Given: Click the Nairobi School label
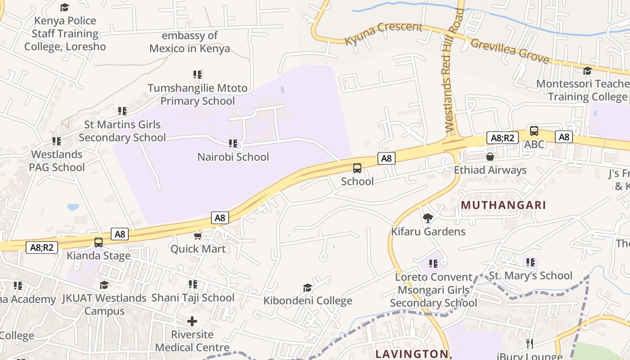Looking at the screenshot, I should point(233,157).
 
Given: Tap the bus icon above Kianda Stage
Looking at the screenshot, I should point(99,242).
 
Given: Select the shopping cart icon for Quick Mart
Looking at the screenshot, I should point(198,236).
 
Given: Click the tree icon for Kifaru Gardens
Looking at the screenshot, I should point(427,218).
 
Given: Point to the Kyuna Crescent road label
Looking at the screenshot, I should point(383,33).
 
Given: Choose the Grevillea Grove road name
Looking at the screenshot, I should point(510,51).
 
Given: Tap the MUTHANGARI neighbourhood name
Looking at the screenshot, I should point(503,205).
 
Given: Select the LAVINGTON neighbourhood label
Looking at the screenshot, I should point(413,354).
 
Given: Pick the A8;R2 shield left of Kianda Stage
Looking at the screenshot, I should point(42,247).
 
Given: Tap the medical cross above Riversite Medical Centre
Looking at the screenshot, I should point(192,321).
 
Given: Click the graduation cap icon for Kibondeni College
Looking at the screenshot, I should point(307,288).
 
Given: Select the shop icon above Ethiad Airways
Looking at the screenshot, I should point(490,157).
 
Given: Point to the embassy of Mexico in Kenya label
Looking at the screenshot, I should point(189,42).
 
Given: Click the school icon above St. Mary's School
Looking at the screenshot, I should point(531,262).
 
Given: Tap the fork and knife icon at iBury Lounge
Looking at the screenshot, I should point(530,344).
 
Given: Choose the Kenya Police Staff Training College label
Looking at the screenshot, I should point(65,34).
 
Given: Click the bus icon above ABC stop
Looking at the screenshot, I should point(534,131).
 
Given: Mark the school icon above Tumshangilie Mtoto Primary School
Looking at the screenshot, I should point(198,74).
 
